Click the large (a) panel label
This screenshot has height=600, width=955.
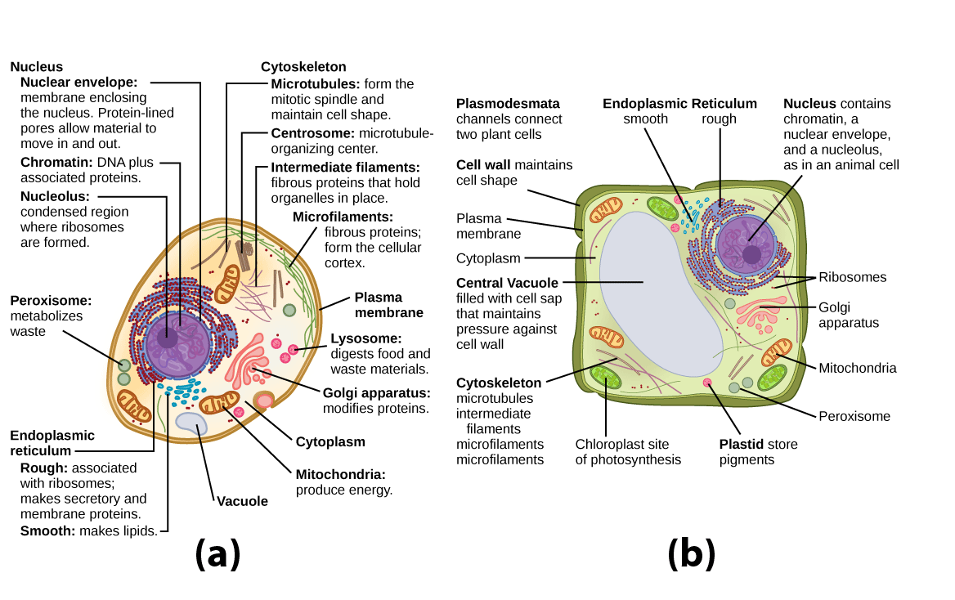coord(217,554)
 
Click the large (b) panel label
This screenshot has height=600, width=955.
coord(692,554)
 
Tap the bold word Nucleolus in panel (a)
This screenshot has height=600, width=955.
coord(55,196)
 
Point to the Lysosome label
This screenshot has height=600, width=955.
coord(365,338)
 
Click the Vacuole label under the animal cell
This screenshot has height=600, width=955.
coord(242,501)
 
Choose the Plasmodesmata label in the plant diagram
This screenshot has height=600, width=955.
coord(508,104)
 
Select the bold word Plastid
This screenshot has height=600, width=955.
coord(740,445)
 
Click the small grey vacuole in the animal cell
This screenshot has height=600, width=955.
coord(192,423)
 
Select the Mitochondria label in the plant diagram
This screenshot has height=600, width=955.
coord(857,368)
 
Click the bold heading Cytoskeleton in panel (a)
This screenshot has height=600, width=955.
coord(303,67)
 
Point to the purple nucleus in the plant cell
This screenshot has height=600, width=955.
coord(747,243)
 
